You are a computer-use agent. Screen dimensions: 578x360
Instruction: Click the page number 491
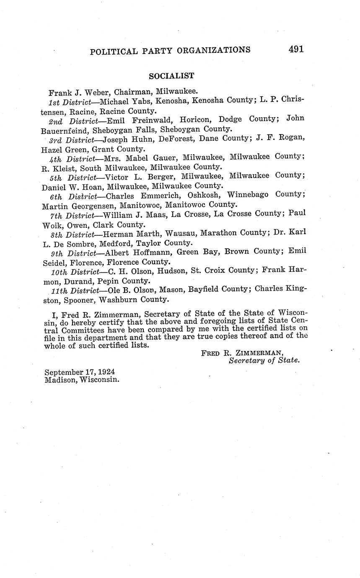click(x=296, y=49)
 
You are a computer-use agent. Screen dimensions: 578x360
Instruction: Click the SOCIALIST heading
click(x=171, y=76)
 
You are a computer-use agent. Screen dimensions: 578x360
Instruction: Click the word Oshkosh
click(x=205, y=195)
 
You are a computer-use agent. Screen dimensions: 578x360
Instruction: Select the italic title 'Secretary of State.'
click(x=264, y=360)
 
